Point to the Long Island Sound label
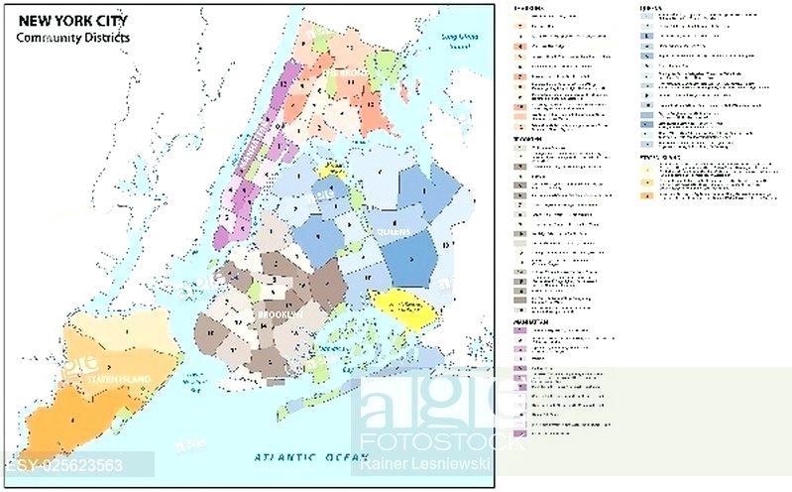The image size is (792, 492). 459,41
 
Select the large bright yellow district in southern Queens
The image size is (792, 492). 406,307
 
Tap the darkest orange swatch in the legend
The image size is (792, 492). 646,196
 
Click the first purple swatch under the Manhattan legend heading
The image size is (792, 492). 520,331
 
